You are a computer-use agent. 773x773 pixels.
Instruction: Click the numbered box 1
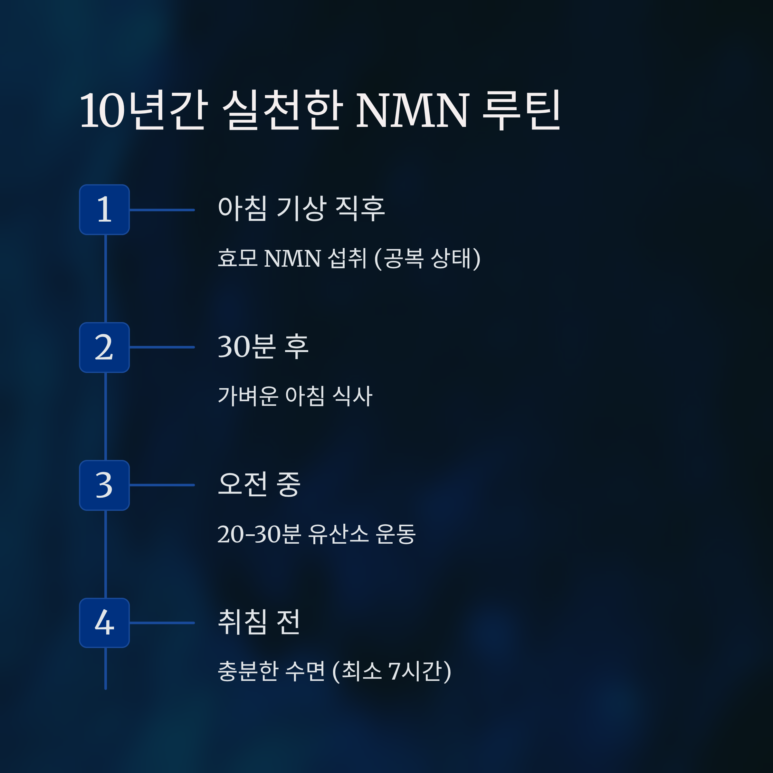pos(104,210)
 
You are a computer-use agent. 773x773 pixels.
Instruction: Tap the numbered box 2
pos(104,347)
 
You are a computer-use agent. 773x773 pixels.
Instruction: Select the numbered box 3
pos(104,485)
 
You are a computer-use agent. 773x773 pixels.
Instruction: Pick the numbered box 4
pos(104,623)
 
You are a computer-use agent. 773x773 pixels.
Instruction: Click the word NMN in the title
pos(412,110)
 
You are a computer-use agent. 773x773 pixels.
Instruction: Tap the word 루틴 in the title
pos(522,110)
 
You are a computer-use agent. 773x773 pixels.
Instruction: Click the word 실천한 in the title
pos(282,110)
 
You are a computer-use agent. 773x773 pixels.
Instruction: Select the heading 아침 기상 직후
pos(301,208)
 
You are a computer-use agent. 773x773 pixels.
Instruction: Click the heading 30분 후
pos(263,347)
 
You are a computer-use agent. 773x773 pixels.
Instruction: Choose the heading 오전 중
pos(259,484)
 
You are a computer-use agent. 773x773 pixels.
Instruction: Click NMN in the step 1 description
pos(292,258)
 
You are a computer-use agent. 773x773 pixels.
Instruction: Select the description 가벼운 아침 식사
pos(295,396)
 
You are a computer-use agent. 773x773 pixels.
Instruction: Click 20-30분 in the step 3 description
pos(258,534)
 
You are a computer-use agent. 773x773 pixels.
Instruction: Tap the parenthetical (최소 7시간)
pos(392,671)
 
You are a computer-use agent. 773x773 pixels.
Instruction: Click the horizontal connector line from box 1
pos(162,210)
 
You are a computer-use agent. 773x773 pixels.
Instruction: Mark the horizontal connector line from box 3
pos(162,485)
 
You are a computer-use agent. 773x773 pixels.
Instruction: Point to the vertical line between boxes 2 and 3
pos(106,416)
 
